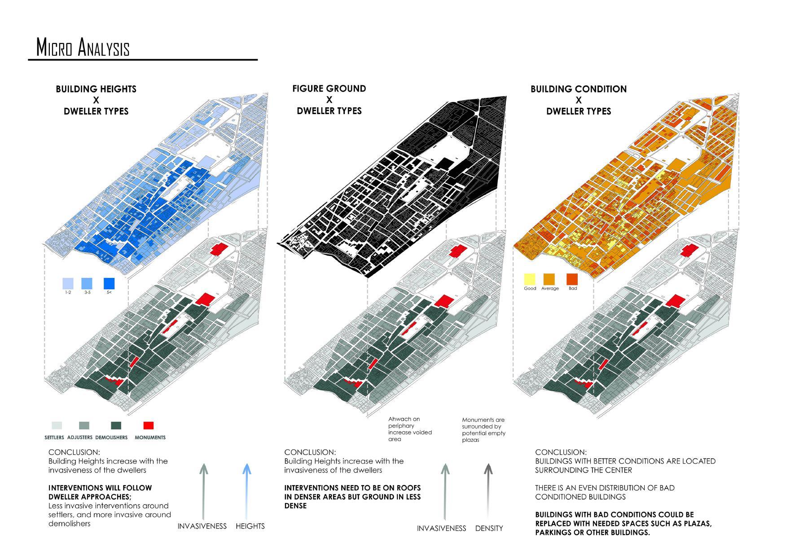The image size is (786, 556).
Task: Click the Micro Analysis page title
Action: (83, 48)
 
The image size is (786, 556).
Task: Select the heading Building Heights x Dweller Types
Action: (96, 100)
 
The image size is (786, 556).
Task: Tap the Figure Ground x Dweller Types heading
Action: (329, 99)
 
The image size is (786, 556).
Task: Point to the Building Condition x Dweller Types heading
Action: (579, 100)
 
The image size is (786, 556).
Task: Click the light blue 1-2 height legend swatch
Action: (68, 283)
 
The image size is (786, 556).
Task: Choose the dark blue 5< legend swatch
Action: (109, 283)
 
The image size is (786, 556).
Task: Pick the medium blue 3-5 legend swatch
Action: (87, 283)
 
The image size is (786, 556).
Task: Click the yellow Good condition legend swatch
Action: (530, 278)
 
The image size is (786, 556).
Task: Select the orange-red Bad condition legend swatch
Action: (572, 278)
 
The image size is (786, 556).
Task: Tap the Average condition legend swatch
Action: (549, 278)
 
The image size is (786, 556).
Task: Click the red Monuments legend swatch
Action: (148, 425)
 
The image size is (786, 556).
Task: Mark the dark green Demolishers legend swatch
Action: (116, 425)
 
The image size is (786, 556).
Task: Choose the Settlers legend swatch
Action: (57, 425)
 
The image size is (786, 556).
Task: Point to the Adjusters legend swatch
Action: (84, 425)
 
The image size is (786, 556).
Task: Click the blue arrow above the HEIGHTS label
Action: (246, 492)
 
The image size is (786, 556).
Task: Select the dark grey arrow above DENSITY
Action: (488, 492)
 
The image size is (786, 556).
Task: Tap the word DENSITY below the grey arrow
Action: (489, 529)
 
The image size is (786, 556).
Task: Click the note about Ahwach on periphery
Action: (410, 429)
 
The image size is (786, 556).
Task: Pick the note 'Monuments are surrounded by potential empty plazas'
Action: (483, 430)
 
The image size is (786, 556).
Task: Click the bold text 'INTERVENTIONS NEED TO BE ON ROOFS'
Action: (352, 488)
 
